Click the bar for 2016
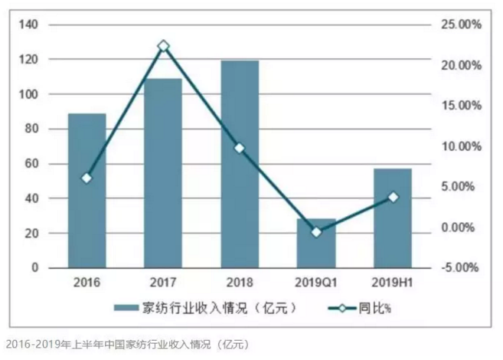click(87, 191)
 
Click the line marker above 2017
click(163, 47)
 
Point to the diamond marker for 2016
click(87, 178)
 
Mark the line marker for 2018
click(240, 148)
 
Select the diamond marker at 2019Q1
click(316, 231)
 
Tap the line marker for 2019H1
click(393, 198)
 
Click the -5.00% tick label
click(460, 268)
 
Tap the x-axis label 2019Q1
click(316, 281)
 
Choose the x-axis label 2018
click(240, 281)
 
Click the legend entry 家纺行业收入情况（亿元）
click(207, 309)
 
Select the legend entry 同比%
click(359, 309)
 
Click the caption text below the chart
click(126, 343)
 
